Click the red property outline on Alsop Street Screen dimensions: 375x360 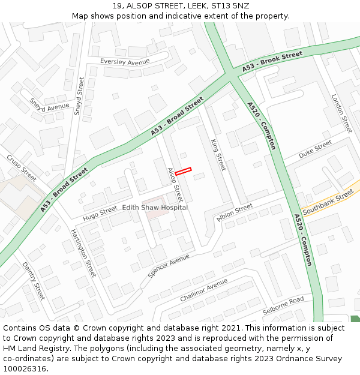(183, 171)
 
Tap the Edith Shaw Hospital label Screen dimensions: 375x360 (155, 208)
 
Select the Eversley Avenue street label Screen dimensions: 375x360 (125, 62)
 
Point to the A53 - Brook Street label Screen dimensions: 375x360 (272, 62)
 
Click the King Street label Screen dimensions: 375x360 (218, 154)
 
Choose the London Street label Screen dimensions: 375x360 (341, 113)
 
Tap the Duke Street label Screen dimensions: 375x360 (315, 149)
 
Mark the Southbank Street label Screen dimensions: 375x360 (328, 203)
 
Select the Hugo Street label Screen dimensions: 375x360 (100, 212)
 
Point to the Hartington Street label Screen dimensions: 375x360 (83, 252)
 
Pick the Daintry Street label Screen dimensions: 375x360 (34, 281)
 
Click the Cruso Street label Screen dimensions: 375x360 (22, 167)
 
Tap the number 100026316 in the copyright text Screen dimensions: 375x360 (24, 368)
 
